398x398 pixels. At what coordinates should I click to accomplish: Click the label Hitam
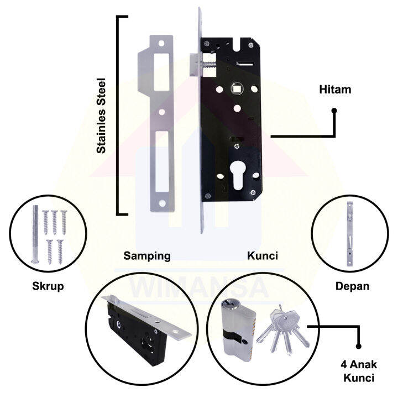pos(335,90)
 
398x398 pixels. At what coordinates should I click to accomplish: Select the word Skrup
pos(48,286)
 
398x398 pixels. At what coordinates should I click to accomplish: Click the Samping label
pos(146,256)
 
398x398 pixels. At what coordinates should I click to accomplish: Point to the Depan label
pos(352,286)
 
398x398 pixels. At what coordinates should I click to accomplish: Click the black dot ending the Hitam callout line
pos(334,112)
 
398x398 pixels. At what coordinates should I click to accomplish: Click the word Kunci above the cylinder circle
pos(262,256)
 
